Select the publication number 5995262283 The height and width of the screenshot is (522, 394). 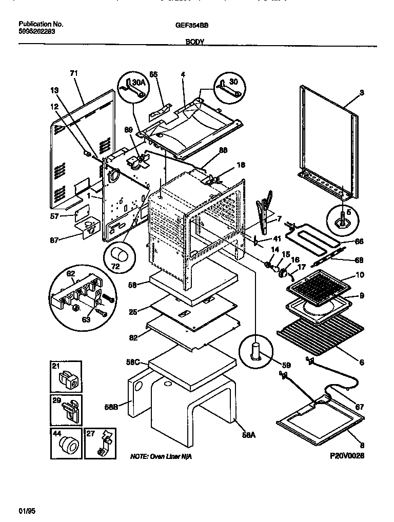pos(37,31)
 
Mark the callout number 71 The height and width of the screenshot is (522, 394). pos(73,74)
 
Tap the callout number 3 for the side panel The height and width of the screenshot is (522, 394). pos(361,93)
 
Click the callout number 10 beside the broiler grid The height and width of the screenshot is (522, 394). pos(360,276)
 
